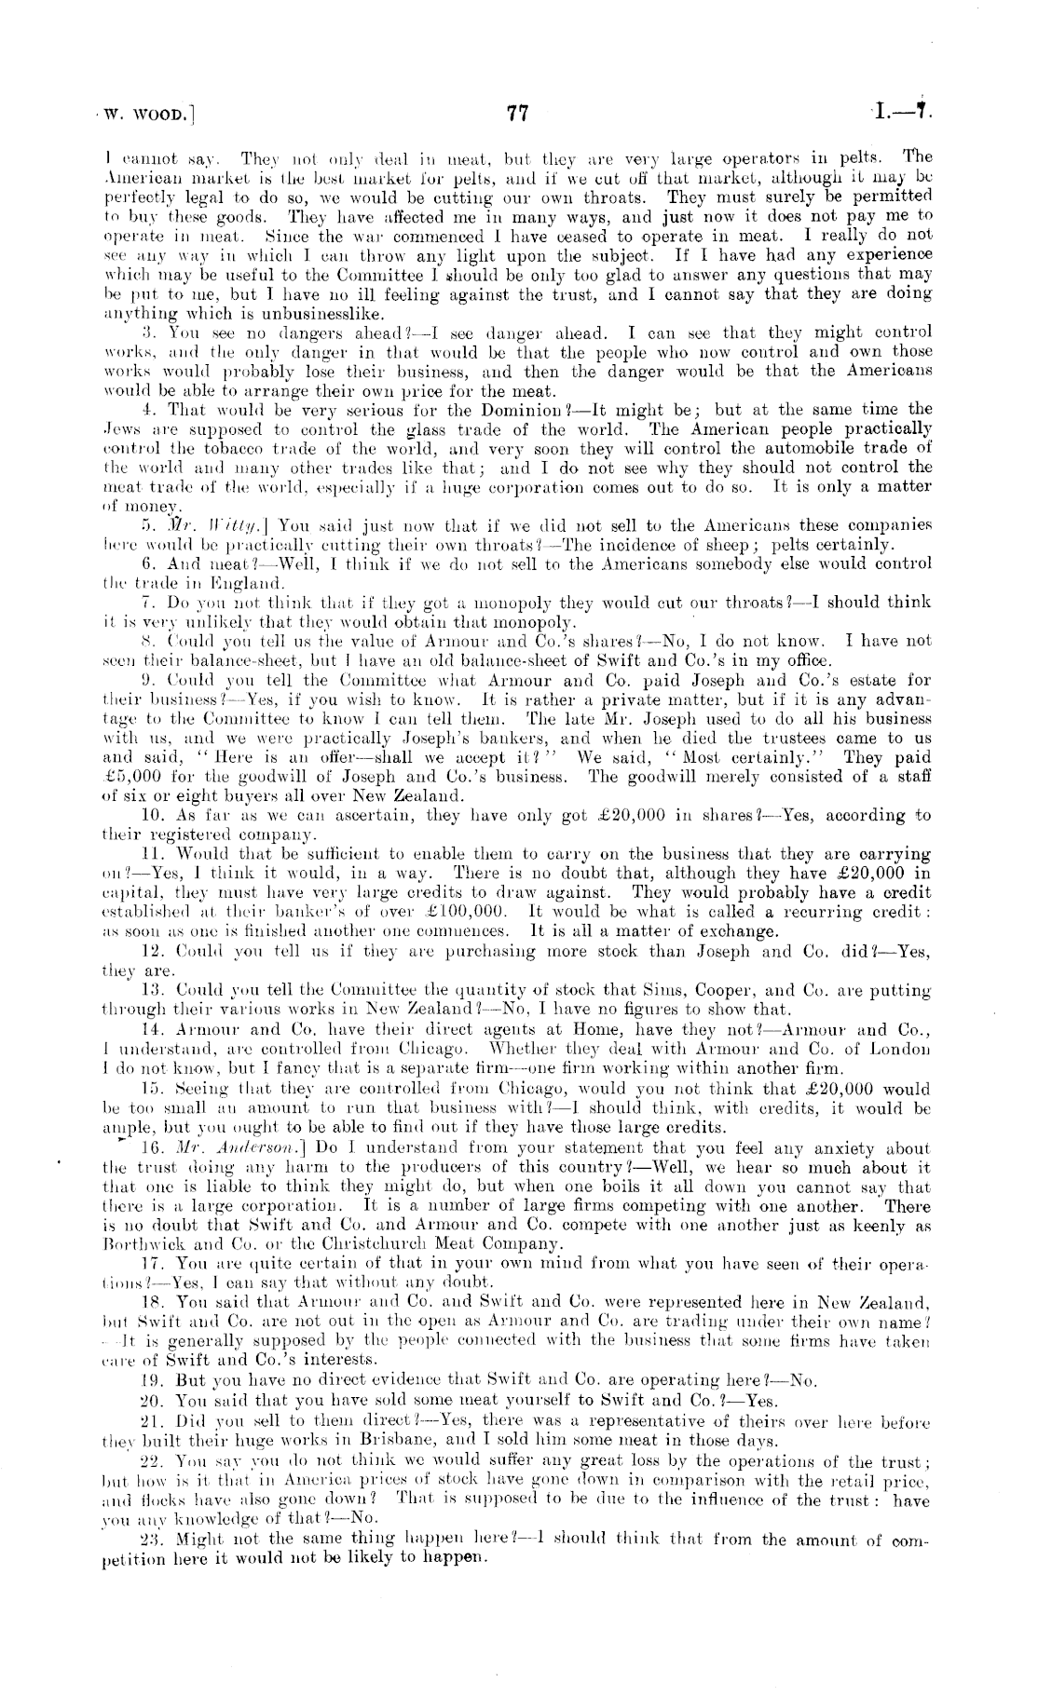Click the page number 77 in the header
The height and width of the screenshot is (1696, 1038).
pyautogui.click(x=517, y=115)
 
